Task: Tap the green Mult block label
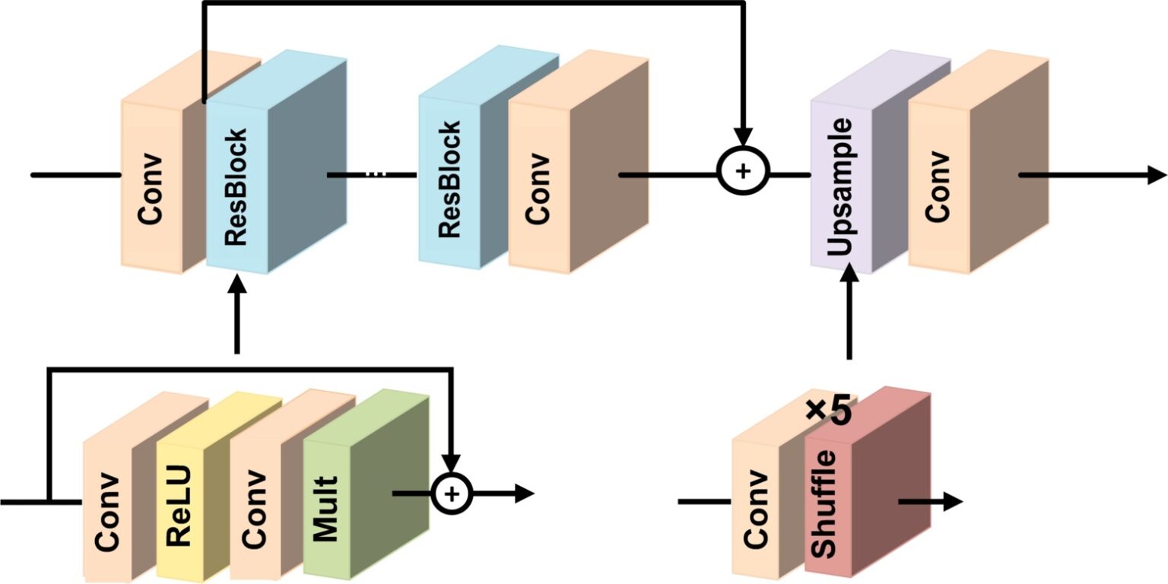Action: pyautogui.click(x=325, y=509)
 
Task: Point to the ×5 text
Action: pyautogui.click(x=828, y=411)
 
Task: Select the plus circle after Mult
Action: pyautogui.click(x=452, y=494)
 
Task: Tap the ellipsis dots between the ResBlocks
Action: pyautogui.click(x=376, y=174)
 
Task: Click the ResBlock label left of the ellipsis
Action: pyautogui.click(x=236, y=187)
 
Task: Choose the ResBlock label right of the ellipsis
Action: pyautogui.click(x=449, y=179)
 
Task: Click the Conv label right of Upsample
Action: pyautogui.click(x=938, y=186)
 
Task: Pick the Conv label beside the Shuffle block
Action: pyautogui.click(x=756, y=509)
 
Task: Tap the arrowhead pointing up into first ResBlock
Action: pyautogui.click(x=237, y=286)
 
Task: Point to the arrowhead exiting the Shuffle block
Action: pyautogui.click(x=954, y=502)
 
